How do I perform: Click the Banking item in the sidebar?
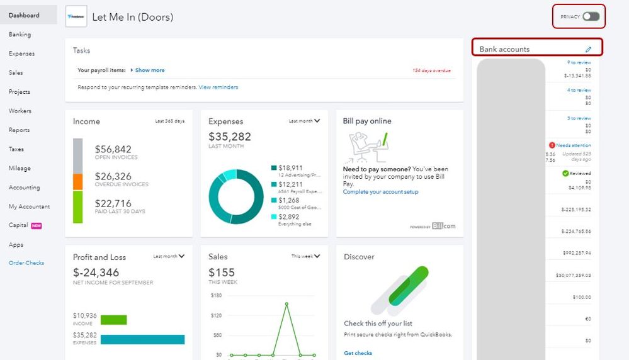(x=20, y=35)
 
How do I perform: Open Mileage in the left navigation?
(x=20, y=169)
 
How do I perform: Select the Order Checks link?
(x=26, y=263)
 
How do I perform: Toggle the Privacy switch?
(x=591, y=16)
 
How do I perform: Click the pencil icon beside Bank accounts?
(x=589, y=49)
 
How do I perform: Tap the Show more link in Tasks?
(x=150, y=70)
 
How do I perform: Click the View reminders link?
(x=218, y=87)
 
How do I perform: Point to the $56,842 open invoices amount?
(x=113, y=149)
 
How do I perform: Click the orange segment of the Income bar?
(x=78, y=182)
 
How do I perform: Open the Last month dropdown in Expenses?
(x=305, y=121)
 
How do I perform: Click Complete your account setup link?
(x=380, y=192)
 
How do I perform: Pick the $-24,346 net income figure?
(x=96, y=273)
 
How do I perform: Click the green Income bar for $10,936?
(x=113, y=320)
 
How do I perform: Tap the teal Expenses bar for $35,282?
(x=142, y=339)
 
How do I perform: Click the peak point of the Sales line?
(x=286, y=303)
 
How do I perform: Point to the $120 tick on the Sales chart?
(x=216, y=315)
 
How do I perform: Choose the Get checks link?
(x=358, y=353)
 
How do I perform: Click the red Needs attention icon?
(x=552, y=145)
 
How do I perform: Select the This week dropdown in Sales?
(x=306, y=256)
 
